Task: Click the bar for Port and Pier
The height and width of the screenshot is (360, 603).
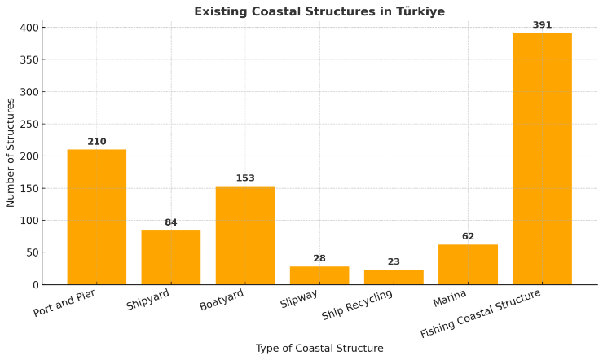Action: pyautogui.click(x=96, y=217)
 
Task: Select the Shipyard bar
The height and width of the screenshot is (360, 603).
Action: pyautogui.click(x=170, y=257)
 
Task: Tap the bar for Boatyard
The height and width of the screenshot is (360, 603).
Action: pyautogui.click(x=245, y=235)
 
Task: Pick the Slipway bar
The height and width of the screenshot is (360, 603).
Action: pyautogui.click(x=319, y=275)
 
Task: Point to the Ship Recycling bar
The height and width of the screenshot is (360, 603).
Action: pyautogui.click(x=394, y=277)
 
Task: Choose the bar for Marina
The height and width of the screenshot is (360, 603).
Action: pyautogui.click(x=468, y=265)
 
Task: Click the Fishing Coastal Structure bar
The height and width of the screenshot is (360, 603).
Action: pyautogui.click(x=542, y=159)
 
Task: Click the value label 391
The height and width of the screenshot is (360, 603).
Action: pyautogui.click(x=542, y=25)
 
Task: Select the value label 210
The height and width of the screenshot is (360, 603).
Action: pyautogui.click(x=96, y=142)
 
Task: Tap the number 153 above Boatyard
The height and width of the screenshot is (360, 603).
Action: pyautogui.click(x=245, y=178)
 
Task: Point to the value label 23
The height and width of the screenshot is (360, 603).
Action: pyautogui.click(x=394, y=262)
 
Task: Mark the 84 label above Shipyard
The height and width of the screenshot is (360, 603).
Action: pyautogui.click(x=170, y=222)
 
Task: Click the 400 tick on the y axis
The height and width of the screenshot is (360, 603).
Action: pyautogui.click(x=29, y=28)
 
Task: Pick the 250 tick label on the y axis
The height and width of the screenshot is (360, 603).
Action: pyautogui.click(x=29, y=124)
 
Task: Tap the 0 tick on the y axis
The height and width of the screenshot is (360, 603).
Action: pyautogui.click(x=35, y=285)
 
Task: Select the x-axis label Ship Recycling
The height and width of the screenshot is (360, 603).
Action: pyautogui.click(x=358, y=305)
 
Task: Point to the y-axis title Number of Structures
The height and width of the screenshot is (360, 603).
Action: pyautogui.click(x=11, y=152)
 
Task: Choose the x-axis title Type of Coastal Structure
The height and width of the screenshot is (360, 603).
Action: pyautogui.click(x=319, y=349)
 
